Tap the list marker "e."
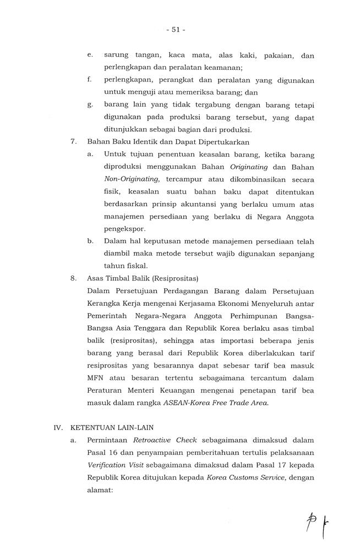90,56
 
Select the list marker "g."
90,105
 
